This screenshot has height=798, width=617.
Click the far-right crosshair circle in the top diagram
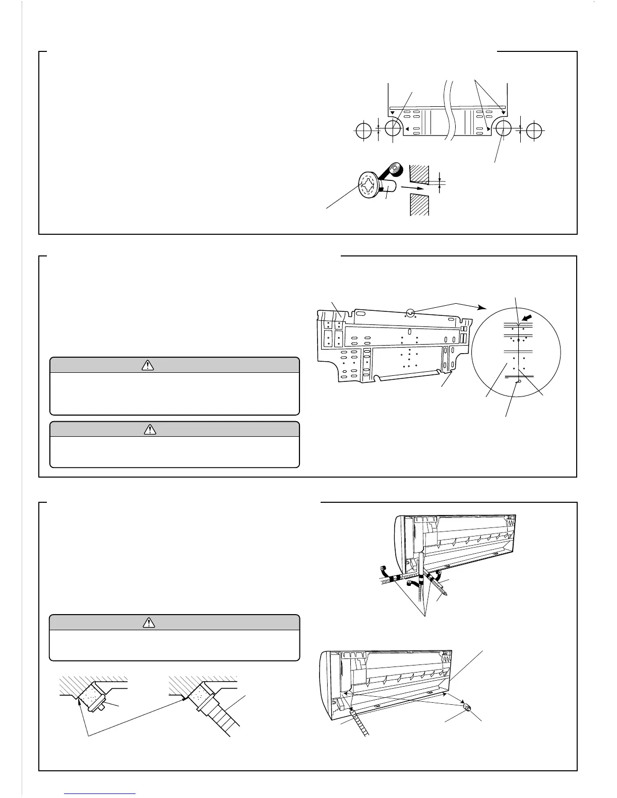point(534,131)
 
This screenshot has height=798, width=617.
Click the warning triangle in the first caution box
point(148,366)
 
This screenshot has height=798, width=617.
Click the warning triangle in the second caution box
point(150,429)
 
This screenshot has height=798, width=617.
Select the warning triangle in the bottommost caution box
point(149,623)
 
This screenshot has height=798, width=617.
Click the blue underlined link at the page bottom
point(100,794)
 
